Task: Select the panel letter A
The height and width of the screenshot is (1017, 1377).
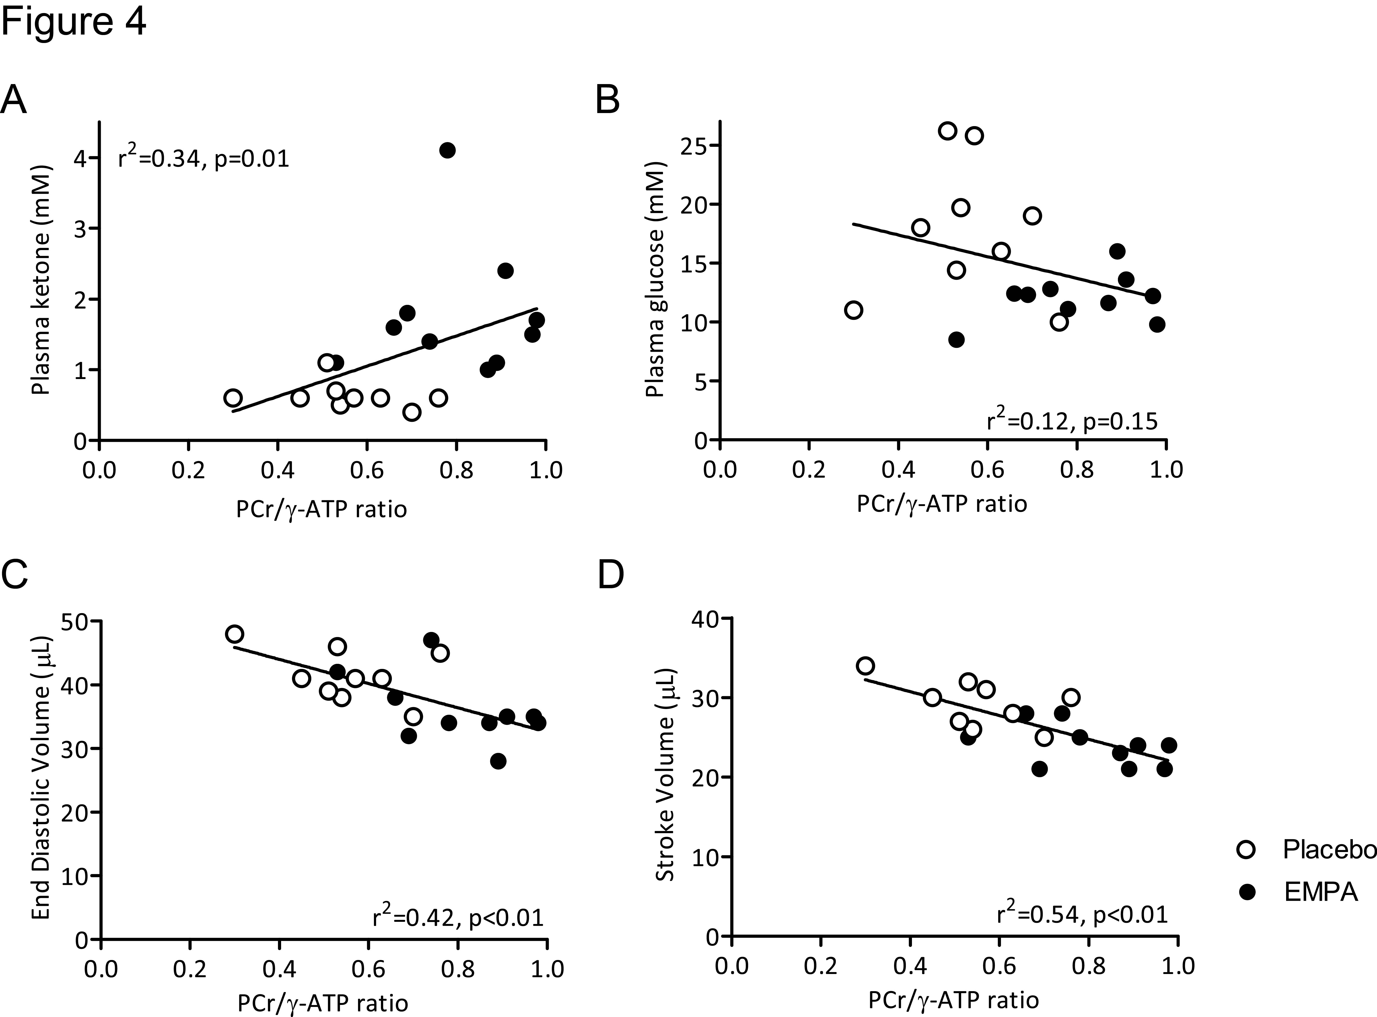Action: (14, 100)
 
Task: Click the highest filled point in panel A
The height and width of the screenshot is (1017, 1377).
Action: (448, 150)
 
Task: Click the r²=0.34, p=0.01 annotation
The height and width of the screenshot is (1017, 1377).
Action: (203, 159)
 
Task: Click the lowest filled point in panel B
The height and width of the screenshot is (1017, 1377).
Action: (956, 339)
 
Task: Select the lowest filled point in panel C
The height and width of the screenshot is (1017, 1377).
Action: (498, 761)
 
